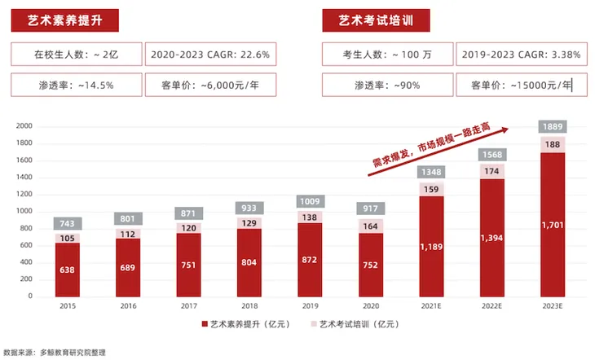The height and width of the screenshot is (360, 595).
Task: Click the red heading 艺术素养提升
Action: pyautogui.click(x=65, y=20)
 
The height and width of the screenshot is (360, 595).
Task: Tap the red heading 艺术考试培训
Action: pyautogui.click(x=376, y=20)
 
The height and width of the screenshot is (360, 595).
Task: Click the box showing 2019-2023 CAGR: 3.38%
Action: pyautogui.click(x=521, y=55)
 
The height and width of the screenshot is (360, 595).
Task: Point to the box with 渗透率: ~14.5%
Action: pyautogui.click(x=76, y=84)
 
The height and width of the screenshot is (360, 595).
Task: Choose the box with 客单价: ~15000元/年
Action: pyautogui.click(x=521, y=84)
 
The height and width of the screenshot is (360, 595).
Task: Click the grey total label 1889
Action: pyautogui.click(x=553, y=127)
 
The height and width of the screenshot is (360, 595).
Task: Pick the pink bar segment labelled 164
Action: pyautogui.click(x=371, y=226)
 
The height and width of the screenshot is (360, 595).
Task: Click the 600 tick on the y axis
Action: pyautogui.click(x=24, y=245)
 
